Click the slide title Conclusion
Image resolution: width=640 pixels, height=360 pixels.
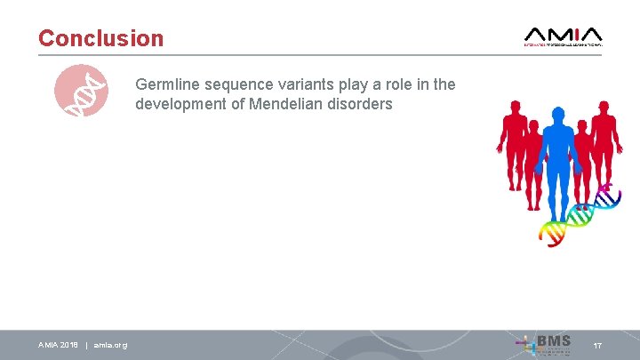point(100,39)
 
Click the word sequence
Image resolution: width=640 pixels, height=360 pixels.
point(231,85)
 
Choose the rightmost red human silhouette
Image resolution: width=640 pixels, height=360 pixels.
point(606,142)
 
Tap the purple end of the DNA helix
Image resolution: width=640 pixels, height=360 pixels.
point(610,188)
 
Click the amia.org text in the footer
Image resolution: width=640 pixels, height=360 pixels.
point(110,345)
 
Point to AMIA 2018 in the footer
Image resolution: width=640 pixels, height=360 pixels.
point(58,345)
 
